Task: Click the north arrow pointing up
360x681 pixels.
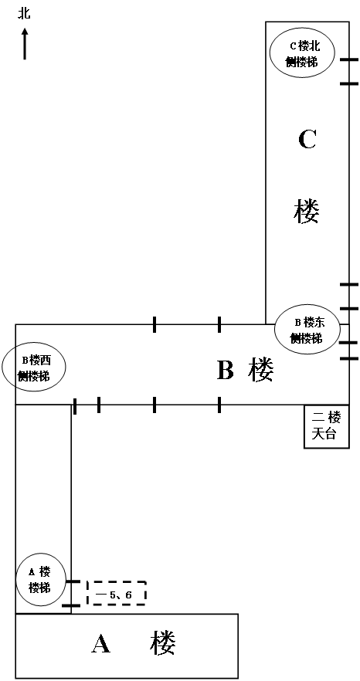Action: pos(25,43)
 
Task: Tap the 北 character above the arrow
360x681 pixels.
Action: pos(25,14)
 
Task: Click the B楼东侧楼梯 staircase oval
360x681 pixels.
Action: pos(307,329)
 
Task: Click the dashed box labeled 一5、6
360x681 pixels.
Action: pos(116,593)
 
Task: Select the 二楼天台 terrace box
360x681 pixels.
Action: pos(326,426)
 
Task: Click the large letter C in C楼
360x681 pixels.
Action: pos(307,140)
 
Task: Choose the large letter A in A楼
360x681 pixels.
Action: pos(101,643)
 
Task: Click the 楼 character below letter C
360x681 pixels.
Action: pos(307,212)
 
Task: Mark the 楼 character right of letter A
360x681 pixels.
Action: pos(164,642)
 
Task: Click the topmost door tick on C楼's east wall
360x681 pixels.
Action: pos(349,59)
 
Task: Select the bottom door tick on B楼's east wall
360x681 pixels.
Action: pos(349,358)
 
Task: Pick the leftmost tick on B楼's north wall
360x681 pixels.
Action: pos(155,324)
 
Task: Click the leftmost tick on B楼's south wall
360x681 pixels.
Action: pos(75,406)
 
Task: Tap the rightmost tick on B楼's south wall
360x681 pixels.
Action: pos(219,405)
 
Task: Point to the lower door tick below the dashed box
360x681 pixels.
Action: pos(71,605)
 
